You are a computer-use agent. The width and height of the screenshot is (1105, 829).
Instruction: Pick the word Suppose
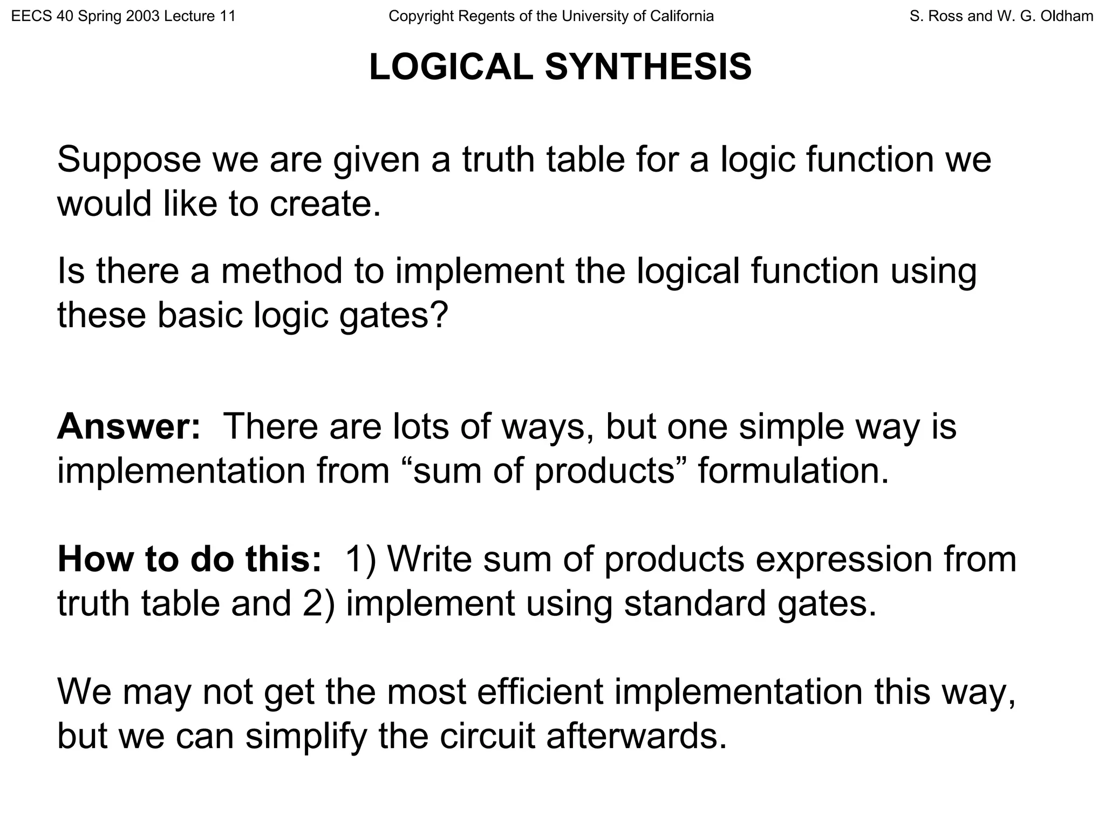[129, 160]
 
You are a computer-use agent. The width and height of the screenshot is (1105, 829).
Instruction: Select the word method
[282, 271]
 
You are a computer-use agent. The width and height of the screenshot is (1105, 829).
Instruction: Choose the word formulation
[793, 471]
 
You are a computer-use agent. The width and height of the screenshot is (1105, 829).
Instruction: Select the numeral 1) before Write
[360, 559]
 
